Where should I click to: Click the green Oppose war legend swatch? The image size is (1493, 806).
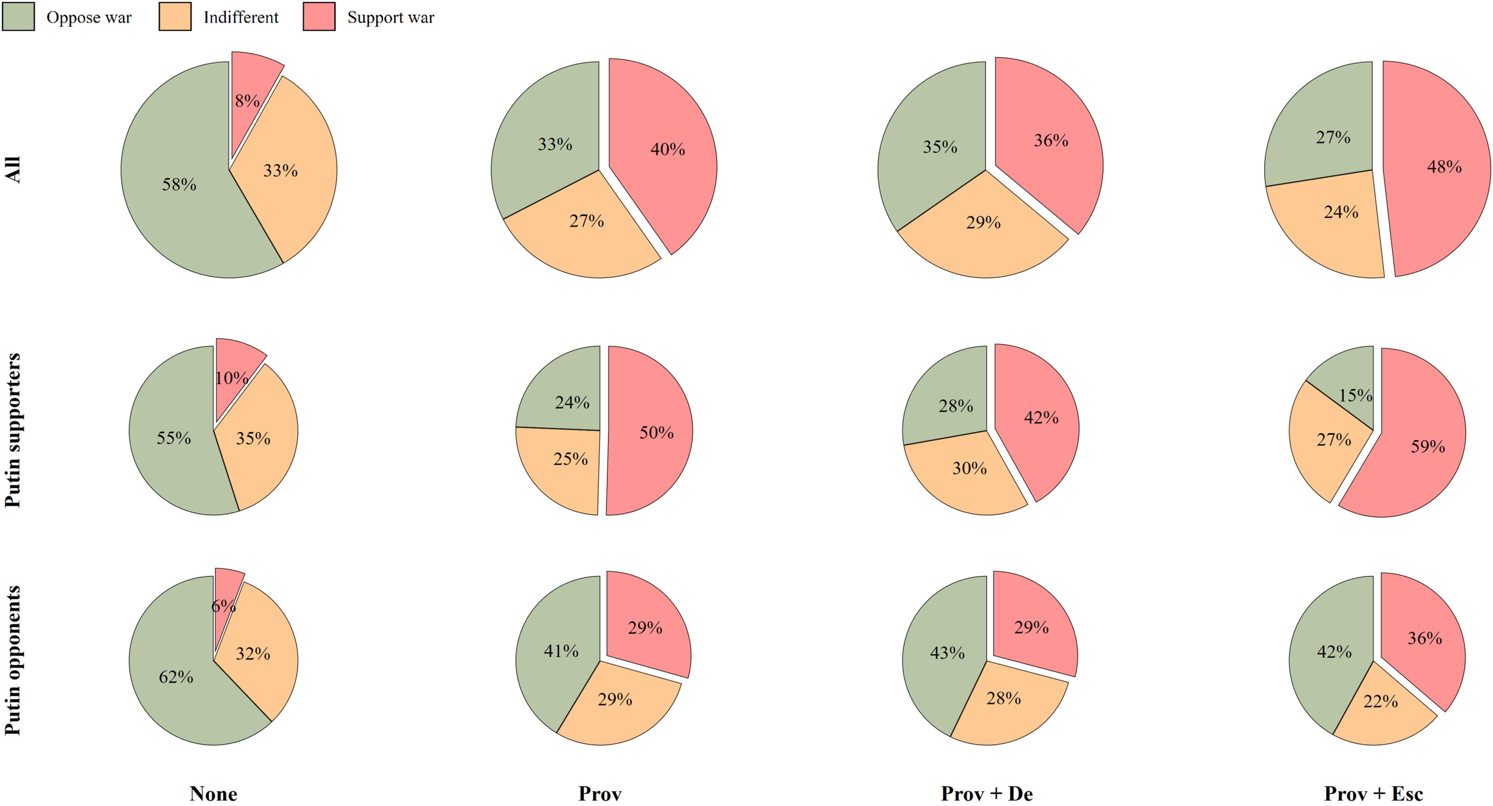pos(19,16)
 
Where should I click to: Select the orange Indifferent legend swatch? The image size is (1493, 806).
pos(174,16)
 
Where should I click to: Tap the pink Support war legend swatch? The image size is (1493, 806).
pos(319,16)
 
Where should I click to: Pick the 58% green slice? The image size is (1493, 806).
pos(174,180)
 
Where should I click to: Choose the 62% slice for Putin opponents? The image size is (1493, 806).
pos(174,684)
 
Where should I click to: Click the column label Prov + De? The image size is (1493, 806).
pos(987,793)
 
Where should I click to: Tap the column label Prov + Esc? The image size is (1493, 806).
pos(1373,793)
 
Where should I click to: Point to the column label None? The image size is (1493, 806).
pos(213,793)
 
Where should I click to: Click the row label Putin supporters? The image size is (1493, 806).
pos(13,430)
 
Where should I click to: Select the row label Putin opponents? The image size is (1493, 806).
pos(13,661)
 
